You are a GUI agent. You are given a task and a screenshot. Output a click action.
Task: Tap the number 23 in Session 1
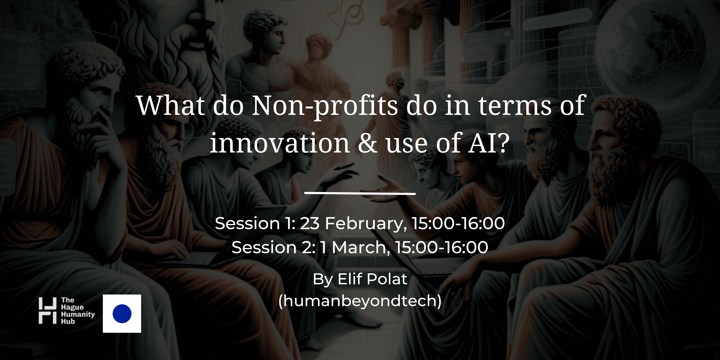tap(310, 224)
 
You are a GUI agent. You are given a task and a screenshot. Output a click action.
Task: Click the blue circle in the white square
tap(122, 314)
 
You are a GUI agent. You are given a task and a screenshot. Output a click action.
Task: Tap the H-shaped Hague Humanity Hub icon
tap(47, 311)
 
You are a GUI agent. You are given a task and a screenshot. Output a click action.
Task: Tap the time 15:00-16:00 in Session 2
tap(442, 247)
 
